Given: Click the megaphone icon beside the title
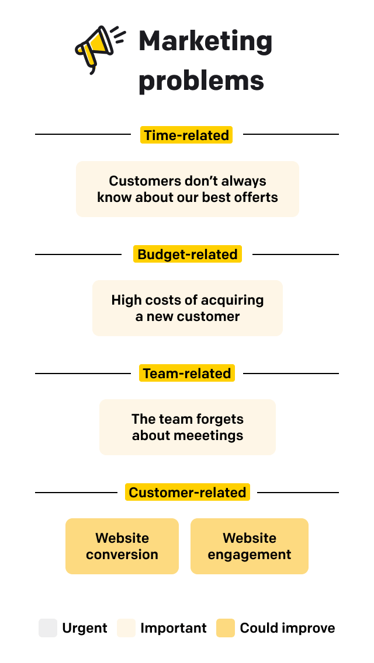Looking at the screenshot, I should tap(98, 47).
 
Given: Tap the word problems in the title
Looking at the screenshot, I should tap(201, 81).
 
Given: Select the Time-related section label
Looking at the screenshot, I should tap(186, 135).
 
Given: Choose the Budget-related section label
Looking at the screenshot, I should tap(187, 254).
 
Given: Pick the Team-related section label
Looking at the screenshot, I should tap(187, 374).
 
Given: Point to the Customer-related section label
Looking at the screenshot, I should tap(187, 493).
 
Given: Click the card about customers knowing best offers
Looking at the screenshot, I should tap(187, 189).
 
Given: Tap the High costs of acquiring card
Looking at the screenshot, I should tap(187, 308).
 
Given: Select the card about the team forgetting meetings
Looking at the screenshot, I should tap(187, 427).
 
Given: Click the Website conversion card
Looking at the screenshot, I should tap(122, 546).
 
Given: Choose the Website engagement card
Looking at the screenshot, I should tap(249, 546).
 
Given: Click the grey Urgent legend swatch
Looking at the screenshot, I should tap(48, 628).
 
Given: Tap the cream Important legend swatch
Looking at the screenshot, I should tap(126, 628).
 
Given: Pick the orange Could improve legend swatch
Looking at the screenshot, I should tap(226, 628).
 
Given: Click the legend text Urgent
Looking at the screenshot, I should tap(85, 628).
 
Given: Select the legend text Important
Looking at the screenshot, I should tap(174, 628).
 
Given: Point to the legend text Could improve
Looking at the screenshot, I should tap(288, 628).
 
